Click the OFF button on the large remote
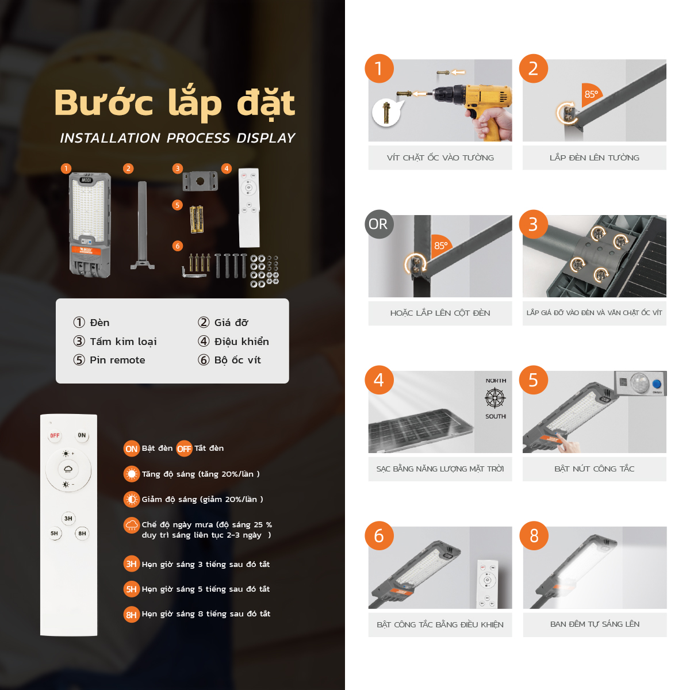(55, 435)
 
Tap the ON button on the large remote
(82, 435)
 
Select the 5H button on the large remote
(55, 533)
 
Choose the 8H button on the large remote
(82, 533)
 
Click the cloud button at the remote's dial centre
(68, 469)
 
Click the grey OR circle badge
(379, 224)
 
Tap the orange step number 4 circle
(379, 379)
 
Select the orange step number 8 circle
(534, 535)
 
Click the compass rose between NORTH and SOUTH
(495, 398)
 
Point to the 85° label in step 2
(591, 94)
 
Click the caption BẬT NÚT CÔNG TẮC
(595, 469)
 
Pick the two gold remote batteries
(197, 220)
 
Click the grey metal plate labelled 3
(200, 181)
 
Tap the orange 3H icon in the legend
(132, 564)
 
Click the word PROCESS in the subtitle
(198, 138)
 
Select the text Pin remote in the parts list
(117, 360)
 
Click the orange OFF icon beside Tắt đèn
(184, 448)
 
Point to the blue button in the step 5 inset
(657, 384)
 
